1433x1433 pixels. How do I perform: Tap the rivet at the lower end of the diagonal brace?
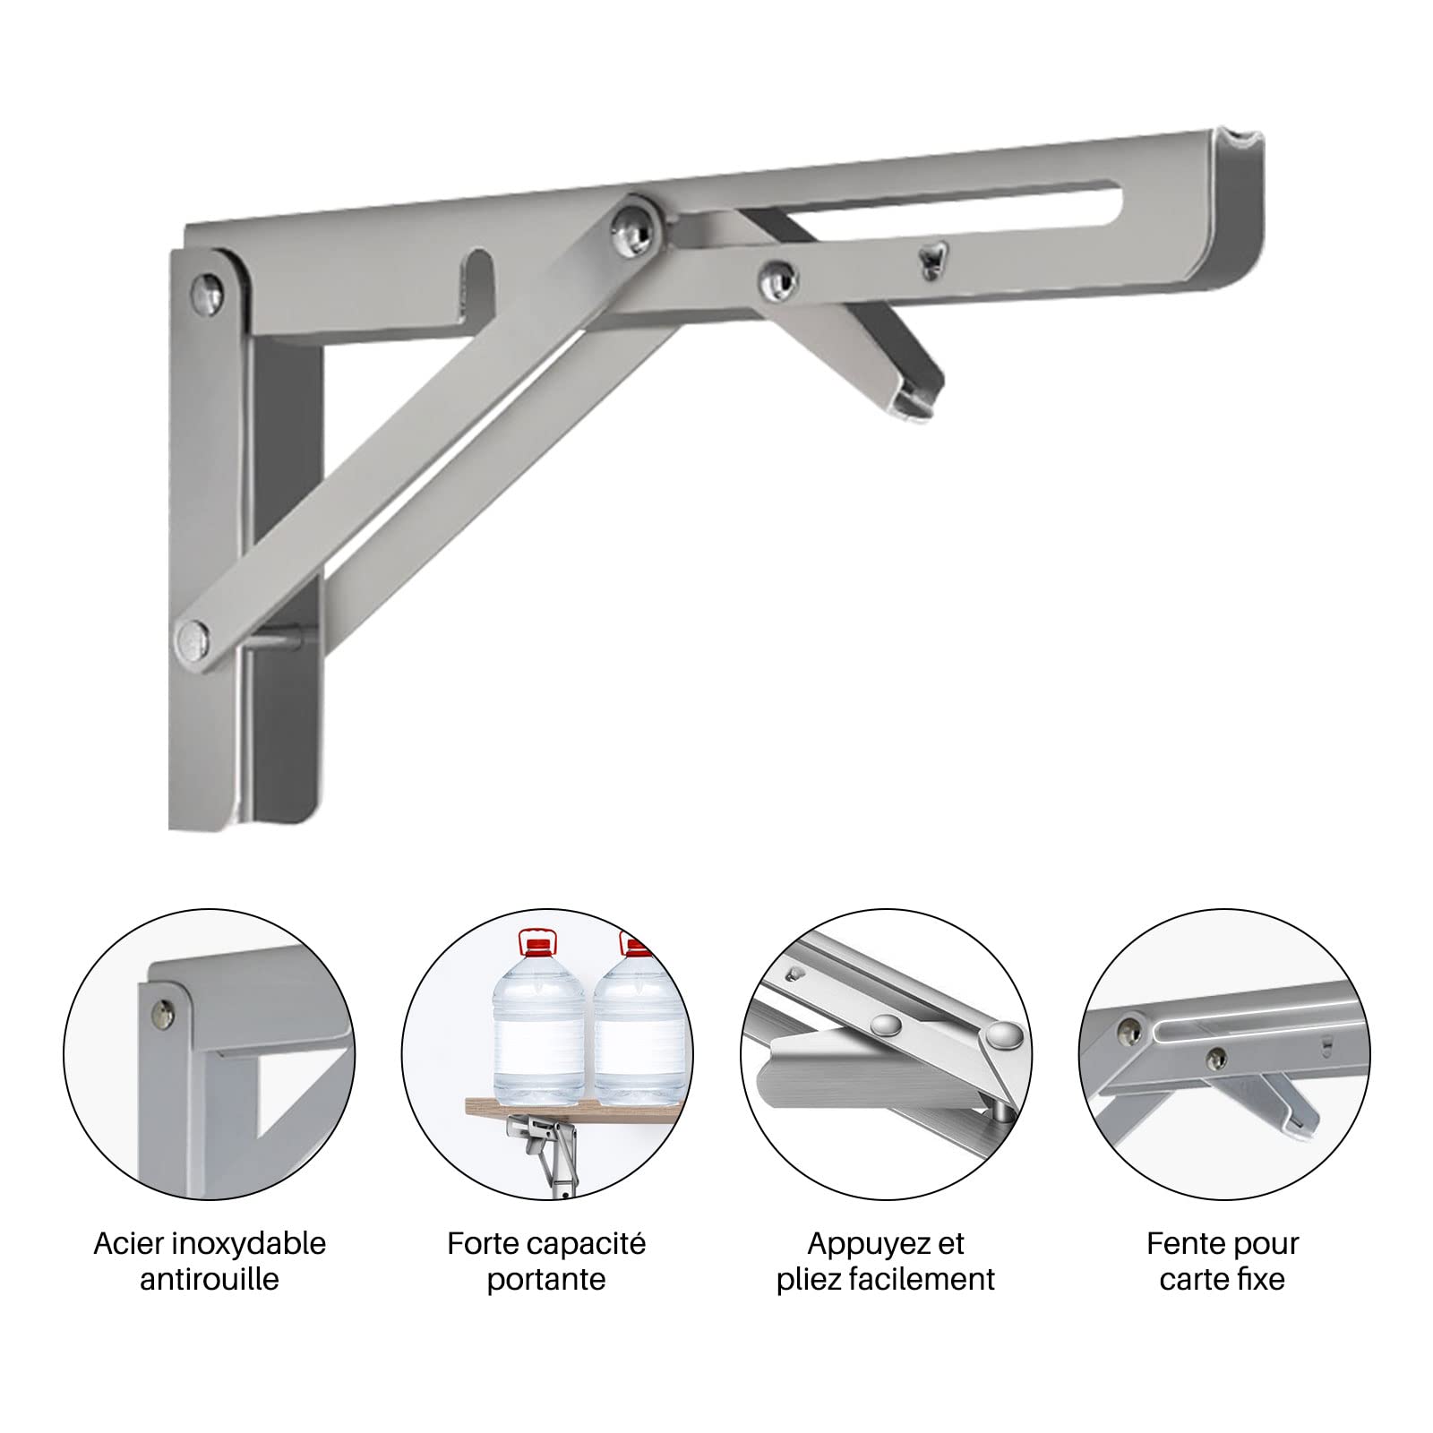coord(195,638)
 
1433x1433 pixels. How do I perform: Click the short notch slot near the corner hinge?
coord(477,286)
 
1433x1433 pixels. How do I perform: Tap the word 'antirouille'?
coord(210,1279)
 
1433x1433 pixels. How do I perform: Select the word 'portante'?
coord(546,1280)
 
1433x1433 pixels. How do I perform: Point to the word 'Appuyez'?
coord(862,1246)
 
